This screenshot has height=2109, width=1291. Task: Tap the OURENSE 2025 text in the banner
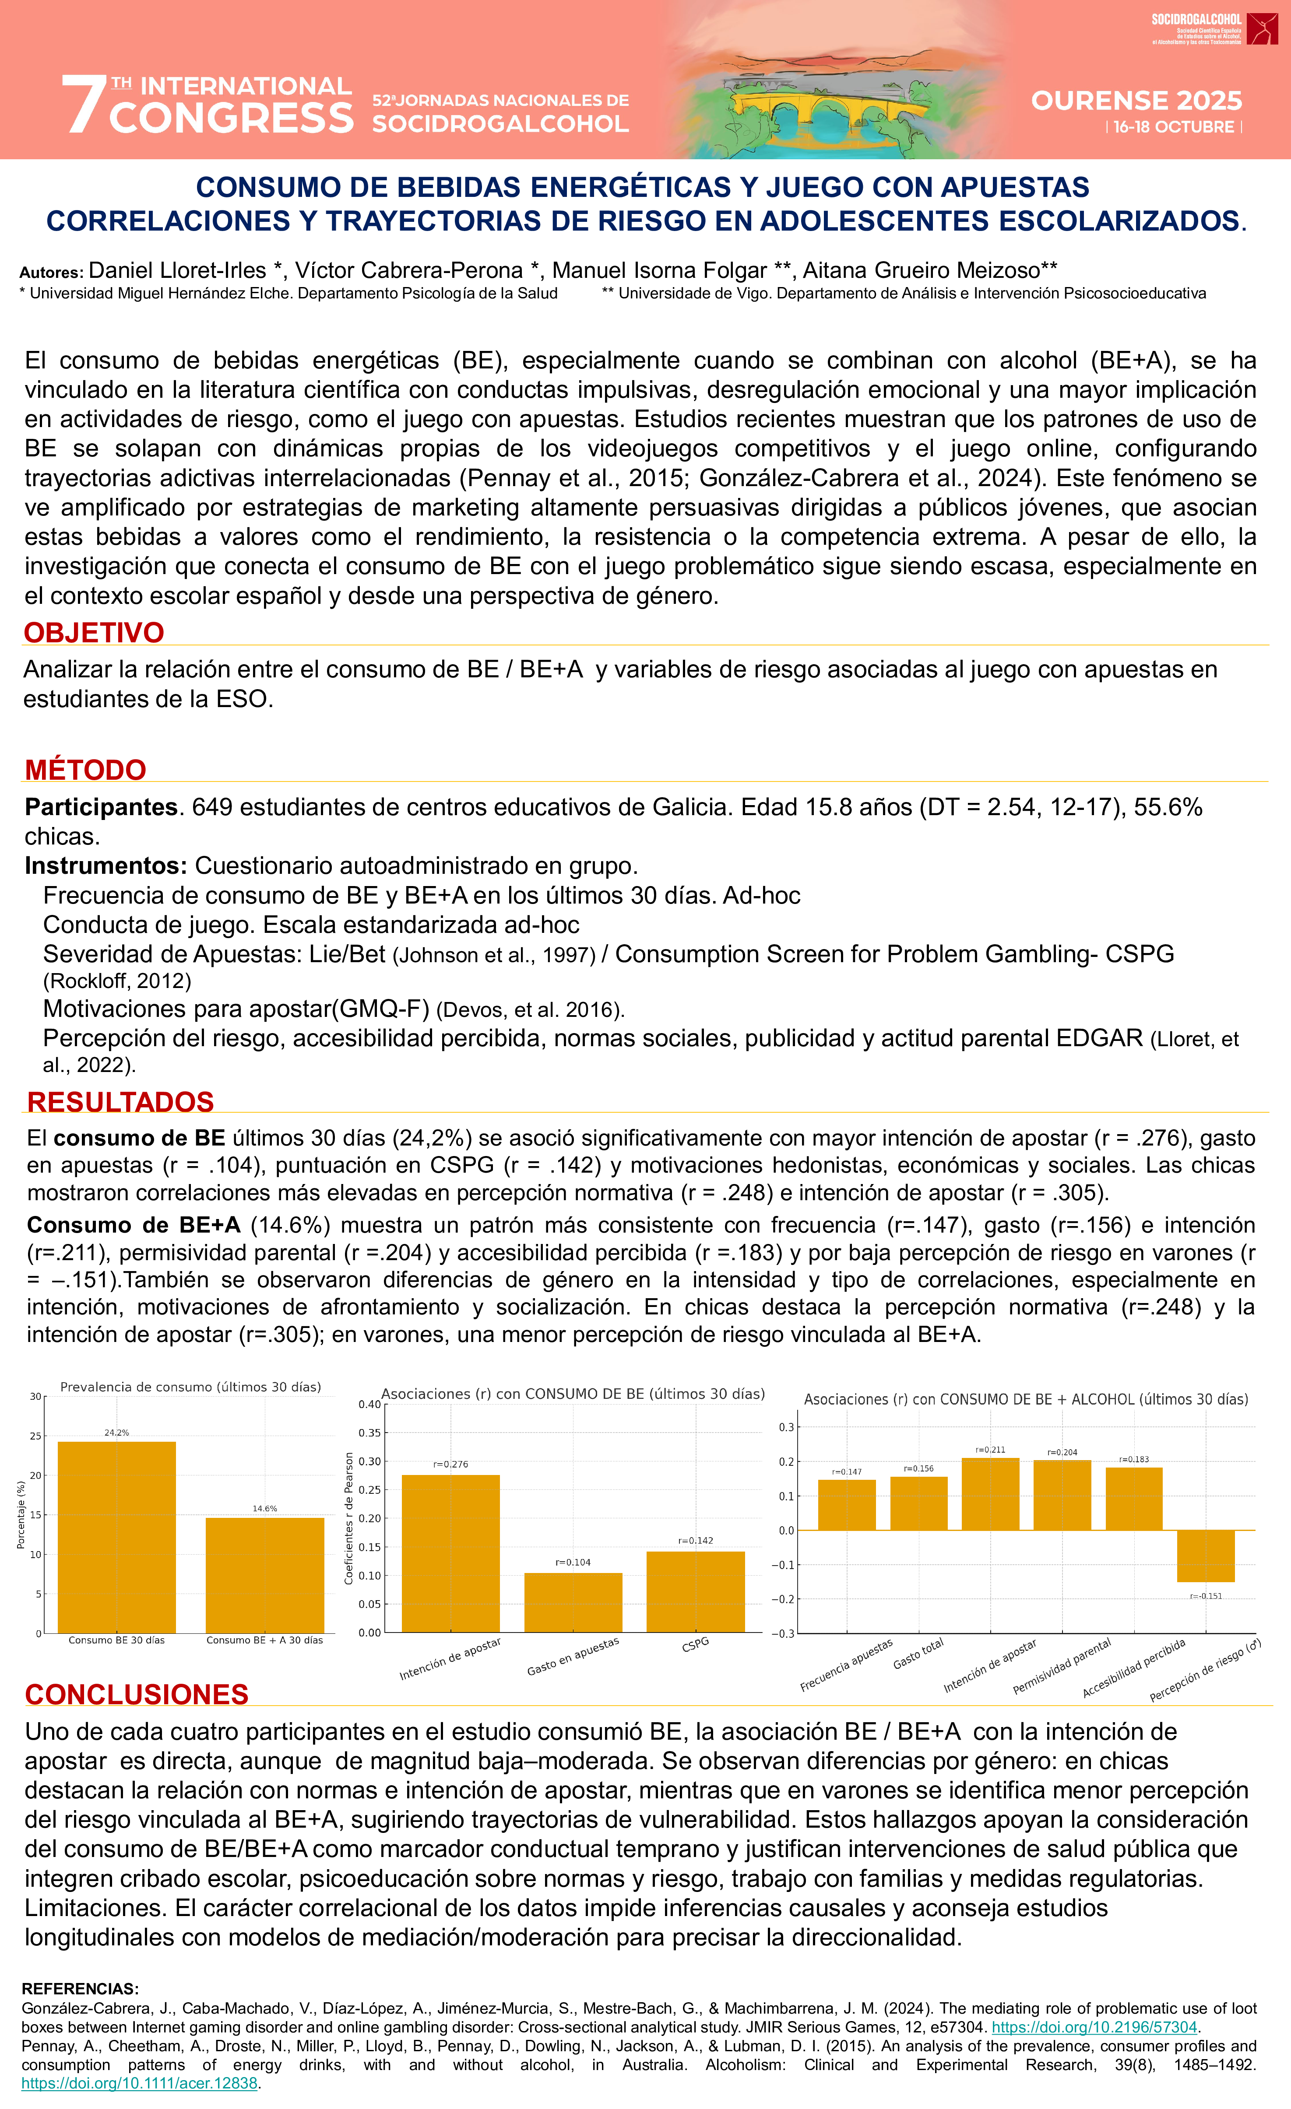[1136, 101]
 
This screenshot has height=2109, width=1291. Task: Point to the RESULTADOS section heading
[121, 1102]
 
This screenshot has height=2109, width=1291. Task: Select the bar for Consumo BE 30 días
[116, 1536]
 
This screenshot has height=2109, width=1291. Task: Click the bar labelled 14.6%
[264, 1575]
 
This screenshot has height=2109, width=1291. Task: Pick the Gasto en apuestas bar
[573, 1602]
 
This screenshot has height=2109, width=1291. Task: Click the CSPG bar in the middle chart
[695, 1591]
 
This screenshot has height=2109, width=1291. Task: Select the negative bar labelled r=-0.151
[1205, 1555]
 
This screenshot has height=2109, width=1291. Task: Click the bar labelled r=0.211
[991, 1494]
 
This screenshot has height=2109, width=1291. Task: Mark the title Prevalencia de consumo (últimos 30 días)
[190, 1387]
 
